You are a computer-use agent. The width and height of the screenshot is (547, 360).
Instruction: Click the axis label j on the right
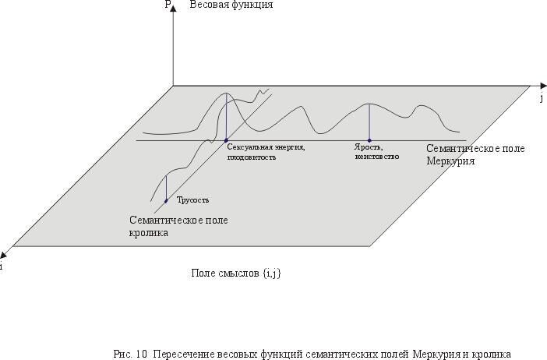pos(541,99)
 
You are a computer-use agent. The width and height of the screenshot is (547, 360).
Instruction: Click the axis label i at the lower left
pos(2,266)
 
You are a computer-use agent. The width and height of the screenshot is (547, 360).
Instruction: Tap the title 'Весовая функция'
pos(231,5)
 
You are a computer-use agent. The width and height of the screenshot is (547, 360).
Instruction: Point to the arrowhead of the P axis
pos(173,10)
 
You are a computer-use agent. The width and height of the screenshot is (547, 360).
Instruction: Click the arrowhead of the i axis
pos(5,253)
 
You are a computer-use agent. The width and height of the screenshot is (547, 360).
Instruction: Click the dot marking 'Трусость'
pos(166,201)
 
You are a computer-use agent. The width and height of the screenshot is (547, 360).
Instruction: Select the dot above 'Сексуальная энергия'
pos(226,140)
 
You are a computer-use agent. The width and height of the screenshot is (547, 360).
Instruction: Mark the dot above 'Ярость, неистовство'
pos(369,140)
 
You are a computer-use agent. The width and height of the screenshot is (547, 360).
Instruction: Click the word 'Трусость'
pos(193,200)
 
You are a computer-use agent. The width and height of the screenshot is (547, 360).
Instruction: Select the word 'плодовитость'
pos(251,157)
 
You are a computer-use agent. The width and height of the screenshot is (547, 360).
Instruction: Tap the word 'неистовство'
pos(376,157)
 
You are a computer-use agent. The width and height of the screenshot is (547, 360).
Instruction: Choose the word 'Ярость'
pos(368,147)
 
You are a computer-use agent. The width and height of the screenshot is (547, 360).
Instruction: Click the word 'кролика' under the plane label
pos(149,232)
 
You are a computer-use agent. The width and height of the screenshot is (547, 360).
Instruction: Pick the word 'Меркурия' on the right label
pos(450,161)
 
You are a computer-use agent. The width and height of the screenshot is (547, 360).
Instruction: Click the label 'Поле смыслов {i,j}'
pos(236,273)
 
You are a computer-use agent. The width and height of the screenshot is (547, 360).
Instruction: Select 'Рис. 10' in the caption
pos(130,354)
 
